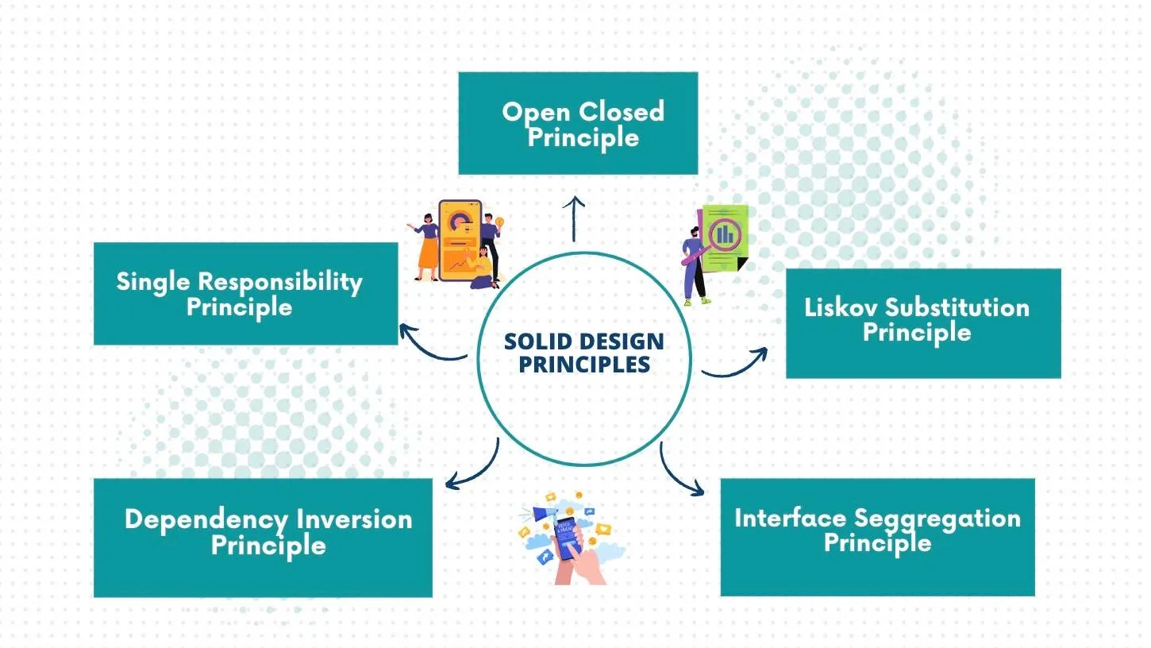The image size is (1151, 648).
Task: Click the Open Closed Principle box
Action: coord(578,123)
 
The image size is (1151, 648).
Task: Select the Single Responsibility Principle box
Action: coord(245,294)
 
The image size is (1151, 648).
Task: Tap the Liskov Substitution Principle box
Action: coord(922,323)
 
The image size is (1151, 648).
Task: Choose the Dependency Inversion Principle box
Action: coord(263,538)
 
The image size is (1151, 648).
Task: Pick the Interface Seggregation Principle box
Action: coord(877,537)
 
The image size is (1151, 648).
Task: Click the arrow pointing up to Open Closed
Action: coord(573,218)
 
